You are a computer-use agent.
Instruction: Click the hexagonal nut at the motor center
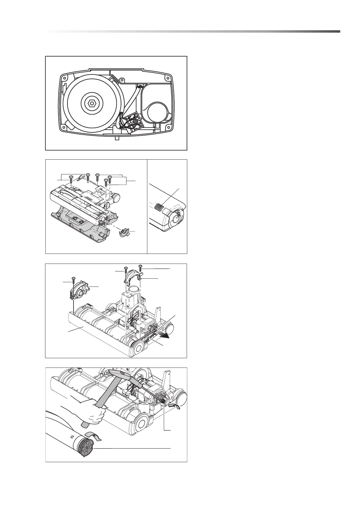[91, 104]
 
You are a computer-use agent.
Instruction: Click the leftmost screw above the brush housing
[71, 178]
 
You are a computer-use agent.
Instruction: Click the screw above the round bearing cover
[73, 279]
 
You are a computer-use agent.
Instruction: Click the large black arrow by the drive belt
[165, 334]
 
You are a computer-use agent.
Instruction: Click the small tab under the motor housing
[117, 139]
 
